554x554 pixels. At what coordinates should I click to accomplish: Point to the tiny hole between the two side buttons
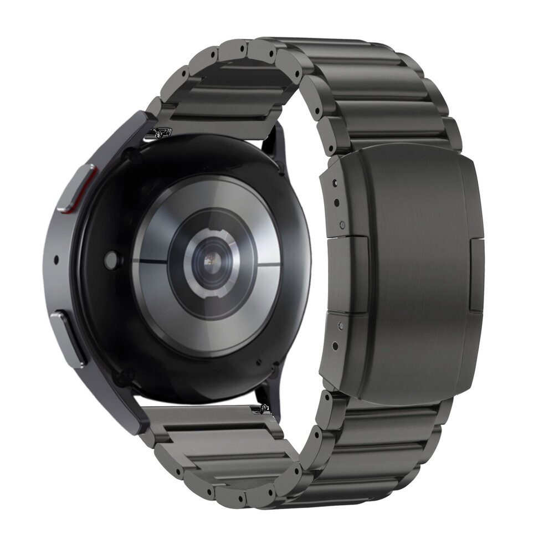[x=57, y=259]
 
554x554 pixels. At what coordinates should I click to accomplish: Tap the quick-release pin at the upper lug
[x=161, y=132]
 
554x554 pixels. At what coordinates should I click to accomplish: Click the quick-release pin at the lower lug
[x=260, y=410]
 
